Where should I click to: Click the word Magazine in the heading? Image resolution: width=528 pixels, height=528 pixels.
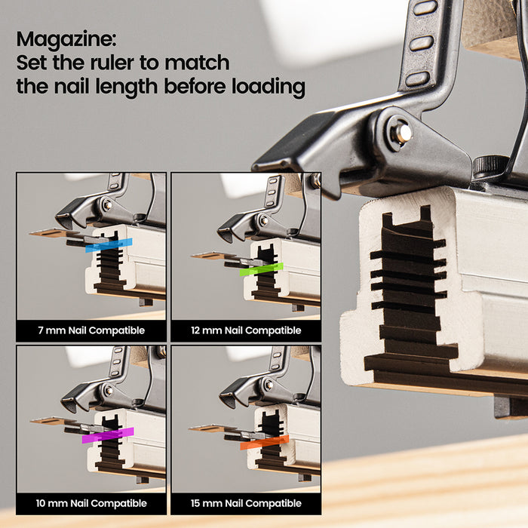pos(66,38)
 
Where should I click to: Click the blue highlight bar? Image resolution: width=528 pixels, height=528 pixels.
pos(109,245)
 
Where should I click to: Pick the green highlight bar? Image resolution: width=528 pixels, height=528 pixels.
pos(261,268)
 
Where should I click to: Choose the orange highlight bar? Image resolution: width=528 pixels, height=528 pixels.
pos(264,442)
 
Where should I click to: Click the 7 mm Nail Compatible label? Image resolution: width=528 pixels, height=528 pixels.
pos(91,330)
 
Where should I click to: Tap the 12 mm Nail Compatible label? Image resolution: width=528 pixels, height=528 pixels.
pos(246,330)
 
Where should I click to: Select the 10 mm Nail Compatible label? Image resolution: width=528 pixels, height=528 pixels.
pos(91,503)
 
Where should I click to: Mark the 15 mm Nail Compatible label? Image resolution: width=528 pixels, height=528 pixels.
pos(246,503)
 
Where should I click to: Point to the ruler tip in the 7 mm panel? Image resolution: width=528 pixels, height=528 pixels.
pos(34,234)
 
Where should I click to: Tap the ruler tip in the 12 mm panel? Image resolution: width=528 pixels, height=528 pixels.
pos(195,256)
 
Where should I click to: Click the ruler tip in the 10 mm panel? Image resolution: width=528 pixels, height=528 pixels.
pos(34,421)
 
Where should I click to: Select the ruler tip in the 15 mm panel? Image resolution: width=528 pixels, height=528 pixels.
pos(193,428)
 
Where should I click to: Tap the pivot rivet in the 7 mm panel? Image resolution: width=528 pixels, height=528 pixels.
pos(107,205)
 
